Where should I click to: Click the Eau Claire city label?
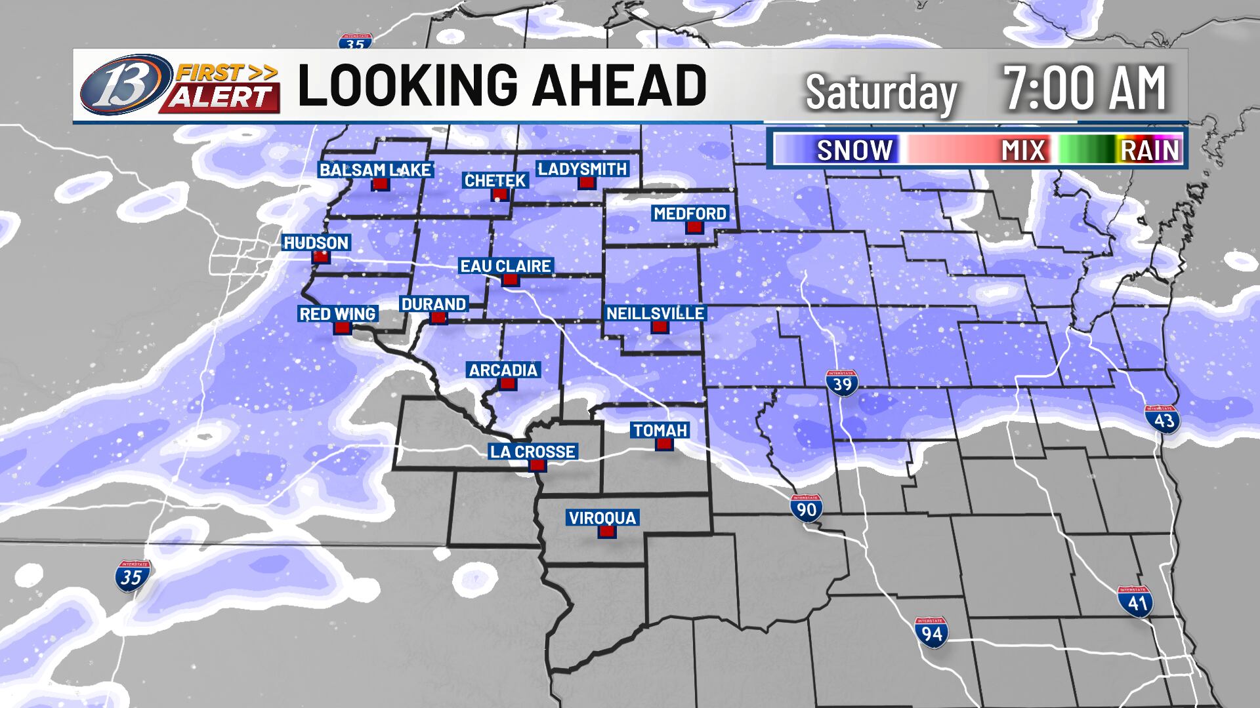505,266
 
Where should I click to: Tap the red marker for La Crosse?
537,465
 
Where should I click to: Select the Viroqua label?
602,518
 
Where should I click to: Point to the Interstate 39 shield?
842,382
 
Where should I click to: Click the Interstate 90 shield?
807,508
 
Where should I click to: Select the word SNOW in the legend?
854,151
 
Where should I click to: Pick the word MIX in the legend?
1023,151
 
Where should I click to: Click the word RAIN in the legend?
1150,151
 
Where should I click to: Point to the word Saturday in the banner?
881,92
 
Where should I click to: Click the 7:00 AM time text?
1085,88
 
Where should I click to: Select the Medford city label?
690,214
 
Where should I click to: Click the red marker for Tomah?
664,444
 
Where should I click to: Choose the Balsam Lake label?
375,170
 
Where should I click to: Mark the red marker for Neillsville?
660,326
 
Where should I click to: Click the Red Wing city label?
337,314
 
